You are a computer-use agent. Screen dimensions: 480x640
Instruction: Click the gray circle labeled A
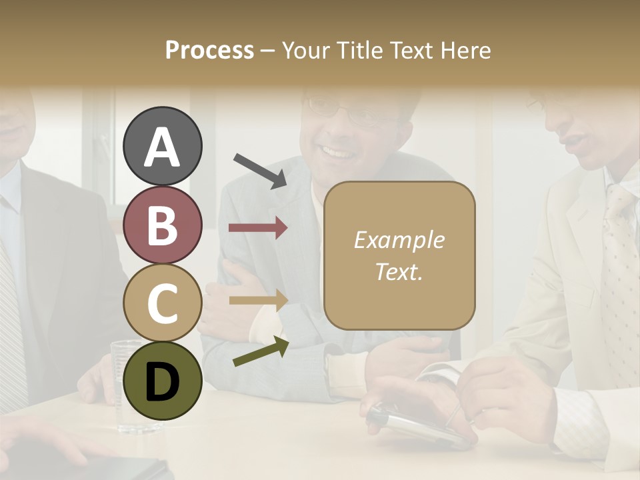pos(163,146)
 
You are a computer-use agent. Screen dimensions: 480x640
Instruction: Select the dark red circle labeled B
pos(163,225)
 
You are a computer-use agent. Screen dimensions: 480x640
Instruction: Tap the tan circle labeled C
pos(163,303)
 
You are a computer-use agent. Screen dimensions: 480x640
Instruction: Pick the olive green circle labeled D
pos(163,381)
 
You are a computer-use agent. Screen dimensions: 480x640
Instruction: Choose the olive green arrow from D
pos(261,352)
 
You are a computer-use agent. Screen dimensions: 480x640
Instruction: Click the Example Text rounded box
pos(399,255)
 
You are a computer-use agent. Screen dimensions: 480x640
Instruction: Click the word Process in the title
pos(209,50)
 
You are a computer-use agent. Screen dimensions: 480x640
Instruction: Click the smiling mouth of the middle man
pos(338,154)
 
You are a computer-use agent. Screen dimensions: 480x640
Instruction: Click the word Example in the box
pos(399,240)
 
